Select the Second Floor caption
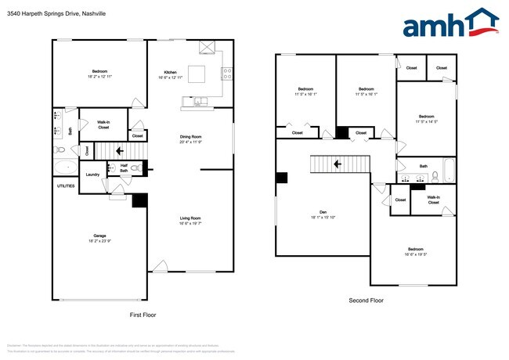[x=366, y=300]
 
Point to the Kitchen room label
[x=171, y=71]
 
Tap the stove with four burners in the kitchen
[x=227, y=74]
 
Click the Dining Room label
[x=191, y=137]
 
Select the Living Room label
[x=190, y=218]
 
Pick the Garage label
[x=99, y=235]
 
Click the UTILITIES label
[x=66, y=185]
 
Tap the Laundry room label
[x=92, y=175]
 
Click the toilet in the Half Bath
[x=135, y=167]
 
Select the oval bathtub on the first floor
[x=63, y=167]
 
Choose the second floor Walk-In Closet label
[x=433, y=200]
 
